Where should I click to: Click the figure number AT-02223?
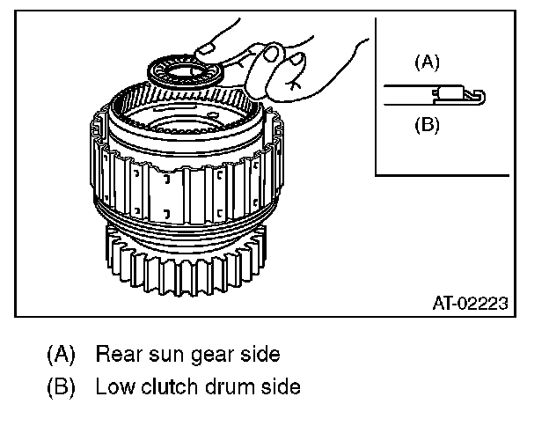click(470, 304)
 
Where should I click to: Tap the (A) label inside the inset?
click(427, 62)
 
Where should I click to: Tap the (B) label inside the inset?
click(427, 124)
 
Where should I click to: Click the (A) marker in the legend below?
click(61, 355)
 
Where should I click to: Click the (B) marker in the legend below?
click(61, 386)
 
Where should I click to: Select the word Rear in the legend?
click(116, 355)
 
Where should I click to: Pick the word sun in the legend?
click(163, 355)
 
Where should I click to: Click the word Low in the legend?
click(113, 386)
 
